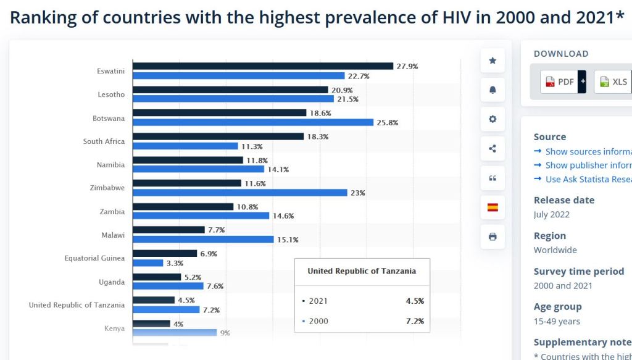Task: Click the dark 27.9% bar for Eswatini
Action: [263, 66]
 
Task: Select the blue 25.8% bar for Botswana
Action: [253, 122]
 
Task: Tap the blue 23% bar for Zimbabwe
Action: [240, 193]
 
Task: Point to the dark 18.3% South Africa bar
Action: [218, 136]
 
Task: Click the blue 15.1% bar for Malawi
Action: [203, 240]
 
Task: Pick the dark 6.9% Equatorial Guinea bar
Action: [165, 254]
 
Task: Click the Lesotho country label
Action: [111, 94]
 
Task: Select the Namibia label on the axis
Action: [110, 165]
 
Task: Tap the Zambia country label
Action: [112, 212]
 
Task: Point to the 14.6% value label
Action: [283, 216]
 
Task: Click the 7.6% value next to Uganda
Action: [215, 287]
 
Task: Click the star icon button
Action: [493, 61]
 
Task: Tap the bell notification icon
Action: [493, 90]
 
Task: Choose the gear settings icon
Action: [493, 119]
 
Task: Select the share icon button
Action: [493, 149]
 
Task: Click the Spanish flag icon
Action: [493, 207]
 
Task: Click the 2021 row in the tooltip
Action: [362, 301]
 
